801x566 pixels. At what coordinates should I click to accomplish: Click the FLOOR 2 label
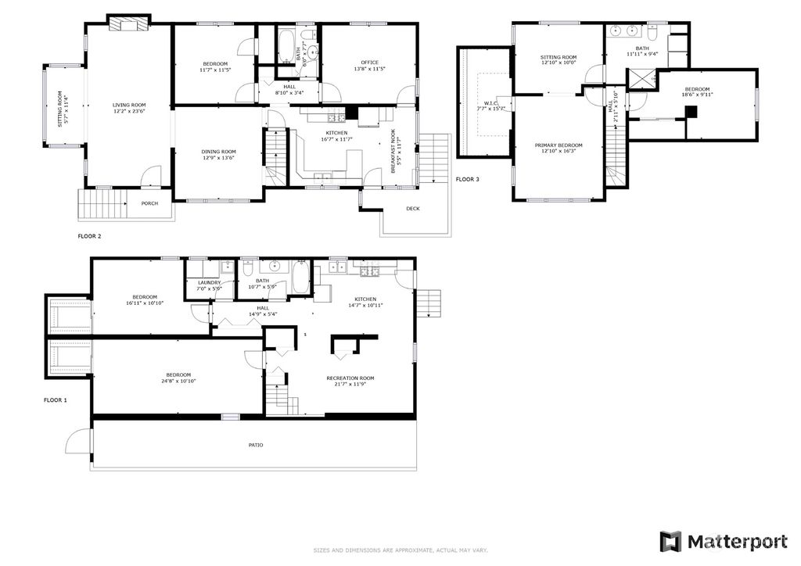89,235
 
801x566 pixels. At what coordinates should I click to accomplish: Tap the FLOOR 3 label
467,179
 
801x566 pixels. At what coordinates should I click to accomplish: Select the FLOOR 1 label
55,400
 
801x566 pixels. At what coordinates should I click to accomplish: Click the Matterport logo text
737,541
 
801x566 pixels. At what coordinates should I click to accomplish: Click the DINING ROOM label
219,152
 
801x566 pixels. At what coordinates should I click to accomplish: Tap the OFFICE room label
369,63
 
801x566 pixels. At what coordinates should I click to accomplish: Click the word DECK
413,209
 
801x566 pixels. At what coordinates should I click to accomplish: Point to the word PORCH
149,203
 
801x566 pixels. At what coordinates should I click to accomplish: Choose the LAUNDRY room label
209,282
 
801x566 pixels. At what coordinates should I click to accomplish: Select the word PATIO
256,445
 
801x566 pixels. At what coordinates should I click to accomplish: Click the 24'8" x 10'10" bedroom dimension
178,381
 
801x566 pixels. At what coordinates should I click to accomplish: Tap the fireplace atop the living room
127,24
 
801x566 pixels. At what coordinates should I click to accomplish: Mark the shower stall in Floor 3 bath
640,79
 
